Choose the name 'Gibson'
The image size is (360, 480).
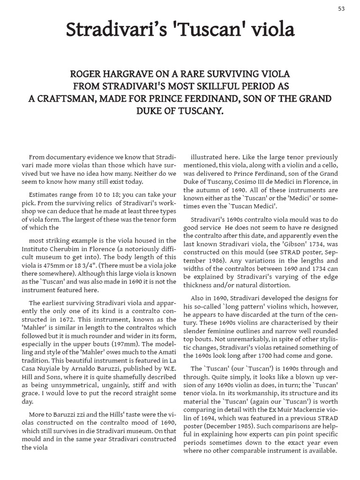291,245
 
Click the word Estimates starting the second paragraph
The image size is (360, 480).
44,194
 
